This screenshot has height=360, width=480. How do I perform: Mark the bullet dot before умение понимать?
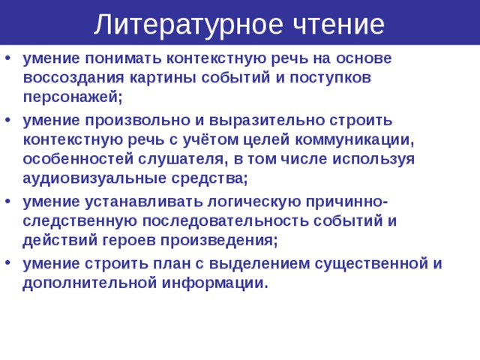click(x=7, y=58)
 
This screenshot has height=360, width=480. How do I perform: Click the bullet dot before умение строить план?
click(x=7, y=264)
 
